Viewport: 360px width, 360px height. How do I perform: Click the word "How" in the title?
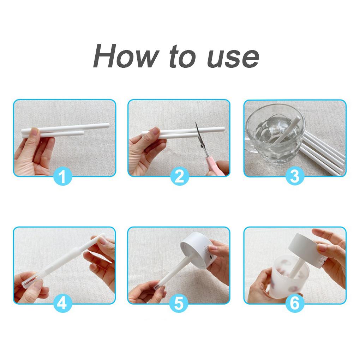pos(126,56)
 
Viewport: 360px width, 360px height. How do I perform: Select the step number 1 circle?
pos(63,176)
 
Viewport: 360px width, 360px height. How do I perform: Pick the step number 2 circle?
pos(180,176)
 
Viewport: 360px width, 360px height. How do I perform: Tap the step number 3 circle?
pos(295,176)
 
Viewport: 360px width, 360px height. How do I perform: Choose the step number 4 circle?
pos(63,304)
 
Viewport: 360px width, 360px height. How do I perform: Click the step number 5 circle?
pos(179,304)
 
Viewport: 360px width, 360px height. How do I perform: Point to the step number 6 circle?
pos(295,304)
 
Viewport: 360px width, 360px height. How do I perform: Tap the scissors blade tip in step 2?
pos(196,122)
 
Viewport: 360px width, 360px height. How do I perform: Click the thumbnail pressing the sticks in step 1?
pos(35,132)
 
